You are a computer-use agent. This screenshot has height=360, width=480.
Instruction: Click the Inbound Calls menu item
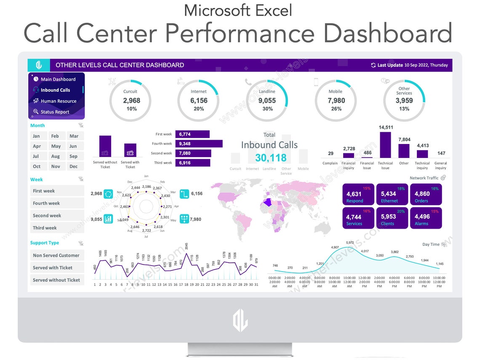pos(55,90)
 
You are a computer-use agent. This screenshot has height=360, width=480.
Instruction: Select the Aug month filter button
pos(56,156)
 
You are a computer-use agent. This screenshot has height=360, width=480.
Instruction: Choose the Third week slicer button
pos(57,228)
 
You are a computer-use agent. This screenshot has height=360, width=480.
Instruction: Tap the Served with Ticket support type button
pos(57,268)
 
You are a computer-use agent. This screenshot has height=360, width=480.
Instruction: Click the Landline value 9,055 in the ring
pos(267,101)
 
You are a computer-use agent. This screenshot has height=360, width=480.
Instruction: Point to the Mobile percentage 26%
pos(336,109)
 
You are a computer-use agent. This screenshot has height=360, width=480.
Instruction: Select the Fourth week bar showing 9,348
pos(198,144)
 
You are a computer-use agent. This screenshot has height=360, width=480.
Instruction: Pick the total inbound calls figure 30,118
pos(270,158)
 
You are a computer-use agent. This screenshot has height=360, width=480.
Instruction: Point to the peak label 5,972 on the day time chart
pos(350,243)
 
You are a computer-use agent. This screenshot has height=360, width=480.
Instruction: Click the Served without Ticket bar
pos(105,146)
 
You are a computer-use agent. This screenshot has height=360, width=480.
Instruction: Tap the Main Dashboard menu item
pos(58,79)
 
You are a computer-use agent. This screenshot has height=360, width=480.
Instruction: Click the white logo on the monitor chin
pos(240,321)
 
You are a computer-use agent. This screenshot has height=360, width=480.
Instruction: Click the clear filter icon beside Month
pos(81,125)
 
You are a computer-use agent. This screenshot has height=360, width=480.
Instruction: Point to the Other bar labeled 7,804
pos(404,151)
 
